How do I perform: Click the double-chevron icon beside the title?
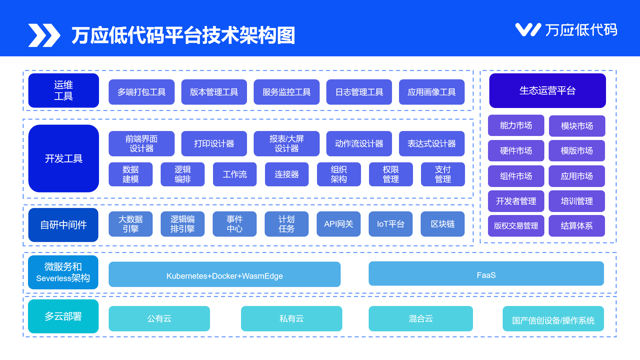[44, 35]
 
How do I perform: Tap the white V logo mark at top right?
[528, 30]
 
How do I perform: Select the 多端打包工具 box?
[141, 92]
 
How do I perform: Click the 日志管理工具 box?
[359, 92]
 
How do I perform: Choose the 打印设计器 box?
[214, 144]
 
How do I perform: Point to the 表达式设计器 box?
[432, 144]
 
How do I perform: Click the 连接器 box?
[287, 174]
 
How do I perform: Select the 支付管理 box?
[443, 174]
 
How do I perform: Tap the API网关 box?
[338, 224]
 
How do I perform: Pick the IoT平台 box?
[390, 224]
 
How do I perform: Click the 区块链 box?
[442, 224]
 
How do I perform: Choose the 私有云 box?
[291, 319]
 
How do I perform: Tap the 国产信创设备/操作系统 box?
[553, 319]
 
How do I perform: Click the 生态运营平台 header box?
[547, 91]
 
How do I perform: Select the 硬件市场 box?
[516, 151]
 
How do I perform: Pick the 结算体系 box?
[577, 226]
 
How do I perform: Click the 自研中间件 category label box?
[63, 225]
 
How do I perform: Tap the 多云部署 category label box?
[63, 316]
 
